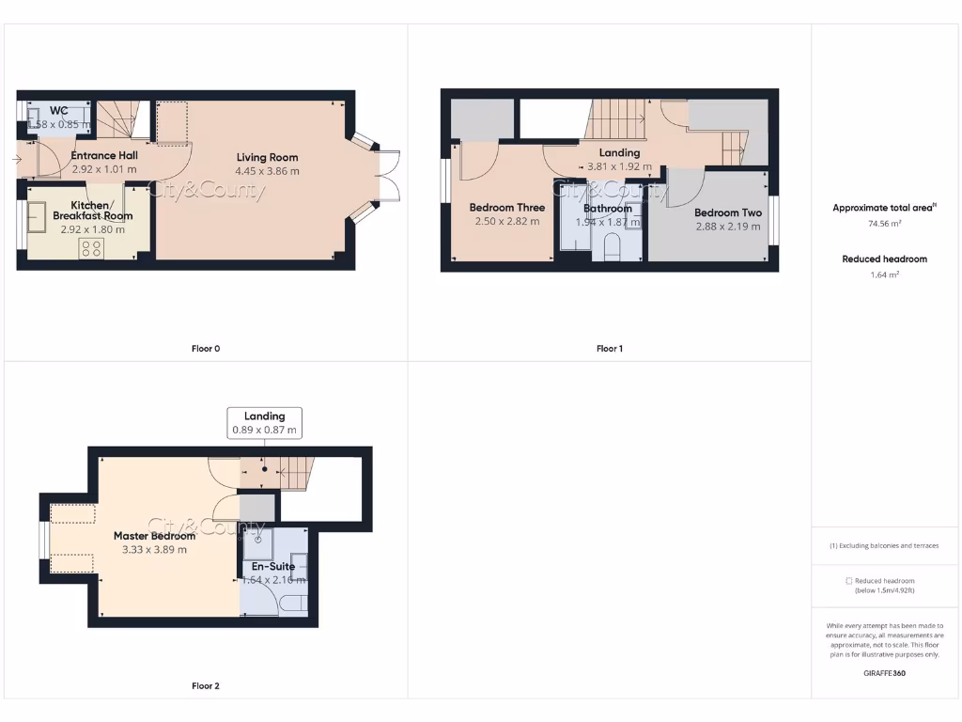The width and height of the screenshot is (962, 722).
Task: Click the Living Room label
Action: pyautogui.click(x=267, y=157)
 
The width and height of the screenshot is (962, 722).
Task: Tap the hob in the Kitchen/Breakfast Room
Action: pyautogui.click(x=92, y=248)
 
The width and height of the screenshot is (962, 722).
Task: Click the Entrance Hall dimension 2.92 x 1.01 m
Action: pyautogui.click(x=104, y=170)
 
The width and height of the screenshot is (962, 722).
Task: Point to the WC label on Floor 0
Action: pyautogui.click(x=58, y=111)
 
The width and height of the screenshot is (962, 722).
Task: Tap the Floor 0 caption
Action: pyautogui.click(x=205, y=349)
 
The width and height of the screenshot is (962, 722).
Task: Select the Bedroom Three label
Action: pyautogui.click(x=506, y=208)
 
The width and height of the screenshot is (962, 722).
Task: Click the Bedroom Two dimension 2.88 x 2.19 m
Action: pyautogui.click(x=728, y=227)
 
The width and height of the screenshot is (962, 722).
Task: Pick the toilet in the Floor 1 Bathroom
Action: pyautogui.click(x=613, y=247)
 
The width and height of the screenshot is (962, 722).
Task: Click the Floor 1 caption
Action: pyautogui.click(x=609, y=349)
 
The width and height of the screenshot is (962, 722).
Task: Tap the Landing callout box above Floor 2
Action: pyautogui.click(x=264, y=423)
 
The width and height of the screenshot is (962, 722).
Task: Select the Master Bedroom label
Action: pyautogui.click(x=154, y=536)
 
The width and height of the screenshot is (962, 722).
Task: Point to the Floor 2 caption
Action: pyautogui.click(x=205, y=686)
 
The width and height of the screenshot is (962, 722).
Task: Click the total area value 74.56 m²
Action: pyautogui.click(x=883, y=224)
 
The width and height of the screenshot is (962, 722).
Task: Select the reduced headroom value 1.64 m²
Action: pyautogui.click(x=883, y=275)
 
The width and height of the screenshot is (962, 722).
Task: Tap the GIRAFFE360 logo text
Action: pyautogui.click(x=883, y=673)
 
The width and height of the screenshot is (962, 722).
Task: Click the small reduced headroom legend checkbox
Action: pyautogui.click(x=849, y=581)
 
